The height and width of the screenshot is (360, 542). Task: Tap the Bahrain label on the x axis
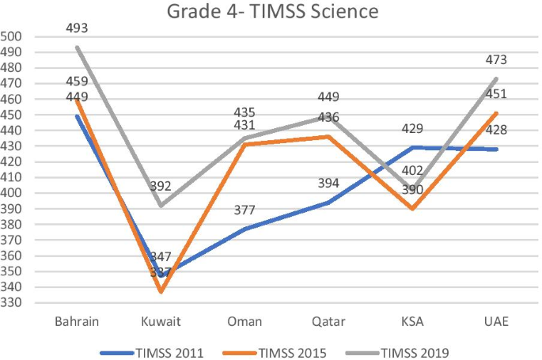pos(78,322)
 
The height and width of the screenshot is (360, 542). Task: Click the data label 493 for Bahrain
pos(78,28)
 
